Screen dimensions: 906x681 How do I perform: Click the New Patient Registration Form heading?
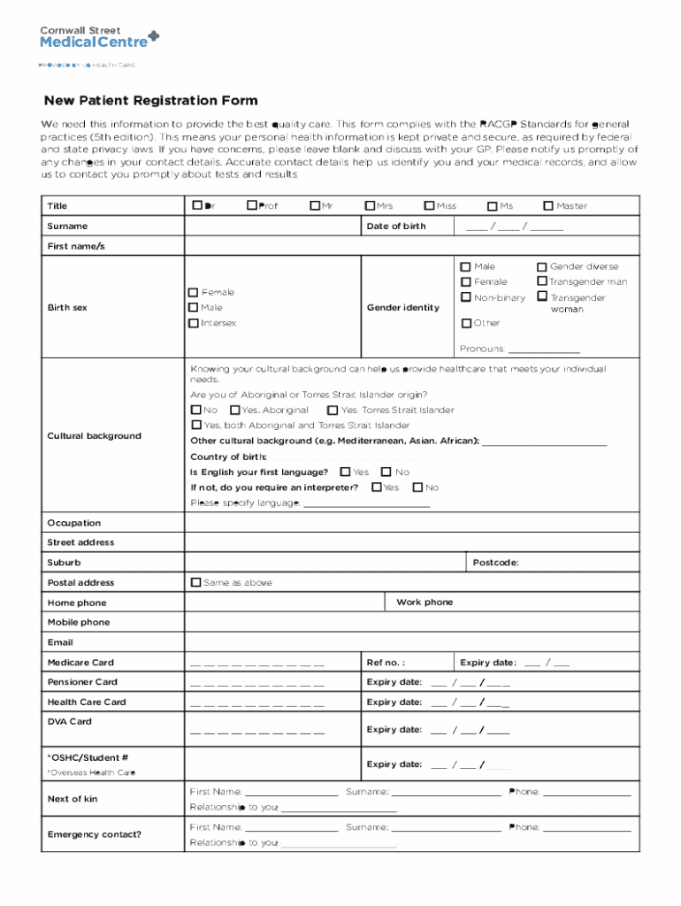point(151,101)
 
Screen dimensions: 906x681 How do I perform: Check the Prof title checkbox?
point(252,206)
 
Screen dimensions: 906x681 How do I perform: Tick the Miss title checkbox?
point(430,206)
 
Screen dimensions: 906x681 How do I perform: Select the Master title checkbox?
point(548,206)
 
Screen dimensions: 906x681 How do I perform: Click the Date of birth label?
point(396,226)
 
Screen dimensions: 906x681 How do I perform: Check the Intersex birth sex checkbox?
point(193,323)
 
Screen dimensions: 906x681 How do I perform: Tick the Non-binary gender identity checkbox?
point(466,298)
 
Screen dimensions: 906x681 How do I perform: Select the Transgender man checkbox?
point(542,282)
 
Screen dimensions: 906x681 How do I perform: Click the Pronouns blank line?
point(543,349)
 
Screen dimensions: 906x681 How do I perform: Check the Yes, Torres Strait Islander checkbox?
point(333,411)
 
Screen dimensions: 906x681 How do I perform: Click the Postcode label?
point(495,563)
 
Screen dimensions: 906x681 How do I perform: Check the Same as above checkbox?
point(196,582)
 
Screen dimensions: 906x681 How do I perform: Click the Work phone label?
point(425,603)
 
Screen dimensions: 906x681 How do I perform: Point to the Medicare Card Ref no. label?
point(386,663)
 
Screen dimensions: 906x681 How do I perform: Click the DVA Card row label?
point(69,722)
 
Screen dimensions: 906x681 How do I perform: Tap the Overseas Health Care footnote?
point(91,773)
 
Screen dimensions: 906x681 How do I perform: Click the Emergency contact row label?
point(95,834)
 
